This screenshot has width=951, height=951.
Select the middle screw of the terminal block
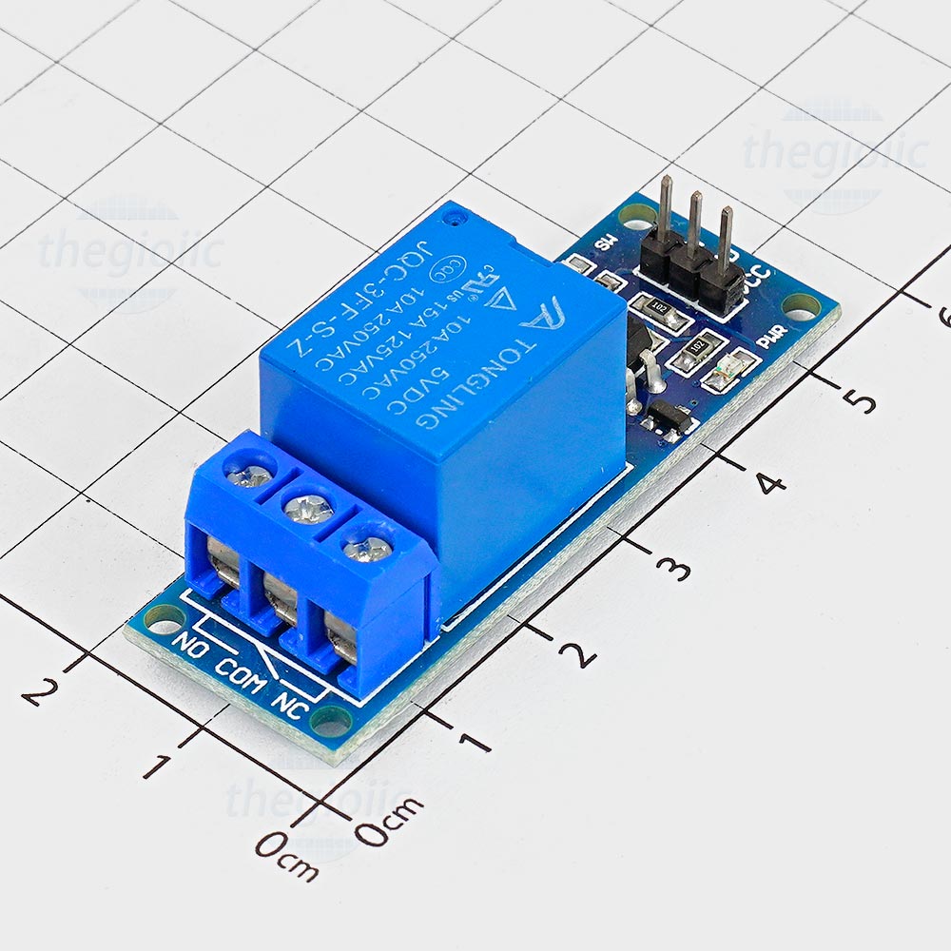point(308,509)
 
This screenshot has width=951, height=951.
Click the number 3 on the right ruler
point(674,569)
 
